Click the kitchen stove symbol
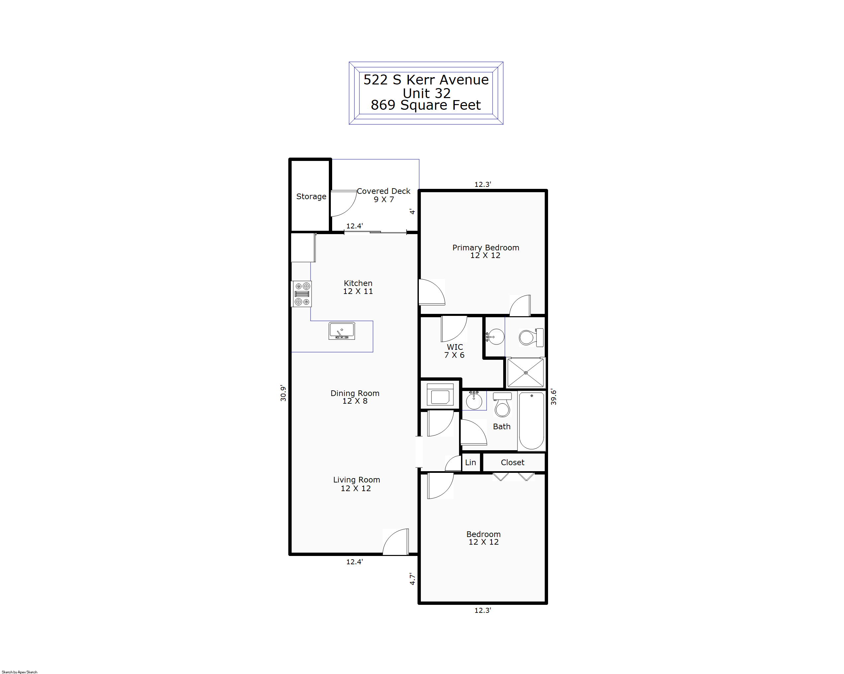pyautogui.click(x=302, y=294)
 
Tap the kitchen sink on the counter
pyautogui.click(x=342, y=331)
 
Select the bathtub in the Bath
pyautogui.click(x=531, y=421)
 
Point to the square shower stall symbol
pyautogui.click(x=525, y=372)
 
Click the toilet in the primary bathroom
pyautogui.click(x=531, y=337)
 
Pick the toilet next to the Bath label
pyautogui.click(x=502, y=405)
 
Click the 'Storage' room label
pyautogui.click(x=311, y=196)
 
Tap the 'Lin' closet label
pyautogui.click(x=471, y=463)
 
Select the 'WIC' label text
pyautogui.click(x=455, y=347)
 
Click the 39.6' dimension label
pyautogui.click(x=553, y=397)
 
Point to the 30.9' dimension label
pyautogui.click(x=283, y=393)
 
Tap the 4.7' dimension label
pyautogui.click(x=412, y=579)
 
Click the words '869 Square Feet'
pyautogui.click(x=425, y=105)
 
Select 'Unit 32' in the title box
pyautogui.click(x=427, y=93)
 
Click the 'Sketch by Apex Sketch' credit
pyautogui.click(x=20, y=672)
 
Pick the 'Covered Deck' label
pyautogui.click(x=383, y=191)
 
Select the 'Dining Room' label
pyautogui.click(x=355, y=393)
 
